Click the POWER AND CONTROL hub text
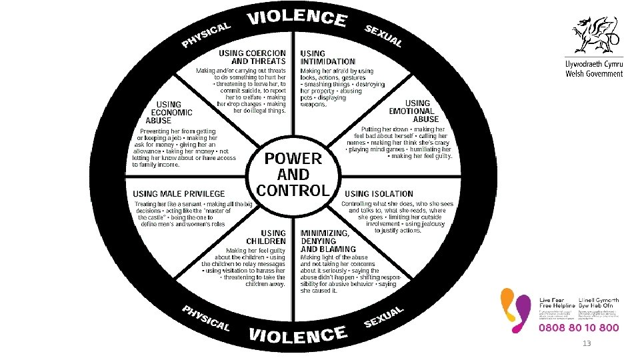(x=293, y=174)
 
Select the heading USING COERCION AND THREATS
(x=253, y=57)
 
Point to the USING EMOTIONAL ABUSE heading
(x=417, y=111)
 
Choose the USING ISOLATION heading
(x=379, y=194)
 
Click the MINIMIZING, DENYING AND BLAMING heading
(x=325, y=241)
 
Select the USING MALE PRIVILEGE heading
(x=179, y=194)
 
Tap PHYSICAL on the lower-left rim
(x=206, y=318)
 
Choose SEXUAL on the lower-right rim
(x=385, y=317)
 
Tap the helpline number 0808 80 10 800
(x=579, y=328)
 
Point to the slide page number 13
(x=587, y=344)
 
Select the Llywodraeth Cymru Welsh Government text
(x=594, y=69)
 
